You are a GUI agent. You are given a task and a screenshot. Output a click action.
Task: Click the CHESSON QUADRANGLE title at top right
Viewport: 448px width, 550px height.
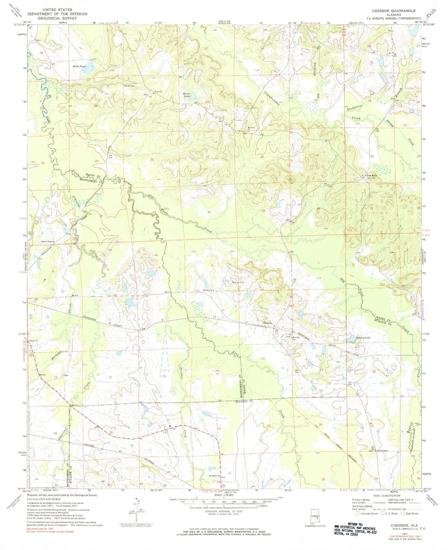[x=393, y=11]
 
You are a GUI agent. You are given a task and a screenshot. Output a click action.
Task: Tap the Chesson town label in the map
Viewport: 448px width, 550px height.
[x=267, y=323]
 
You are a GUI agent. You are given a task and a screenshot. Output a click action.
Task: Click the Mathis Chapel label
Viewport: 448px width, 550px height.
[x=47, y=241]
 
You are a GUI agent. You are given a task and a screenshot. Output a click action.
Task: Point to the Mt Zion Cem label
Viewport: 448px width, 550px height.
[x=238, y=282]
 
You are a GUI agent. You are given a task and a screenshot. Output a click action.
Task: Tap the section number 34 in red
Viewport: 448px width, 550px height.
[x=209, y=212]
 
